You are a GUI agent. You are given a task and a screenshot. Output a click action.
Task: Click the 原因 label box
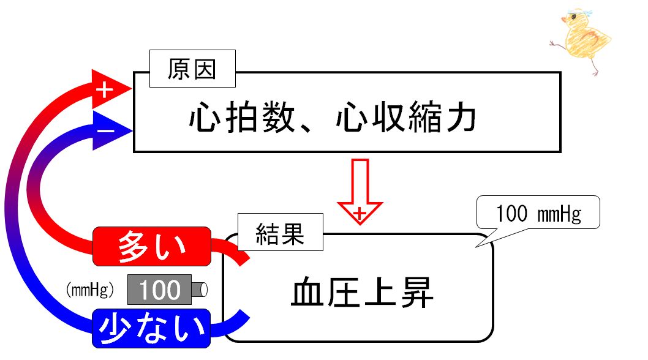pyautogui.click(x=192, y=69)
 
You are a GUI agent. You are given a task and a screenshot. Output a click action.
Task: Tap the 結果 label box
pyautogui.click(x=281, y=232)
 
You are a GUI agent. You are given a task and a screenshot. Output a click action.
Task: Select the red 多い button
pyautogui.click(x=152, y=246)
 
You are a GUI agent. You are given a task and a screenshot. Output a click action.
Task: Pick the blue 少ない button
pyautogui.click(x=151, y=328)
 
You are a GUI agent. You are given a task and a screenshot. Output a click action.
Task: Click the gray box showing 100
pyautogui.click(x=159, y=290)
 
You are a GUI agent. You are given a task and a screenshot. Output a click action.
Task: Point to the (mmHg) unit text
pyautogui.click(x=89, y=290)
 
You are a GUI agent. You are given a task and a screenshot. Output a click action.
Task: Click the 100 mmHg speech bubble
pyautogui.click(x=538, y=212)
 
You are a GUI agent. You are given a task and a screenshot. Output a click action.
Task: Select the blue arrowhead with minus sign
pyautogui.click(x=111, y=130)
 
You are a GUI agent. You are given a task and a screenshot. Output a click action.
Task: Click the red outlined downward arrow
pyautogui.click(x=360, y=192)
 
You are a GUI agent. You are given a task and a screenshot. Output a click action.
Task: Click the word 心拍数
pyautogui.click(x=242, y=118)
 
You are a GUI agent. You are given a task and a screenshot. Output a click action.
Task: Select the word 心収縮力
pyautogui.click(x=406, y=118)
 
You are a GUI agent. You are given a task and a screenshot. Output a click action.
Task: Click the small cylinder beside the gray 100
pyautogui.click(x=200, y=290)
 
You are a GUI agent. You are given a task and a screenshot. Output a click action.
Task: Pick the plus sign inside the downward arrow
pyautogui.click(x=360, y=214)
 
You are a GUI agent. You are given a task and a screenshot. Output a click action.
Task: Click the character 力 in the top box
pyautogui.click(x=461, y=118)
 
